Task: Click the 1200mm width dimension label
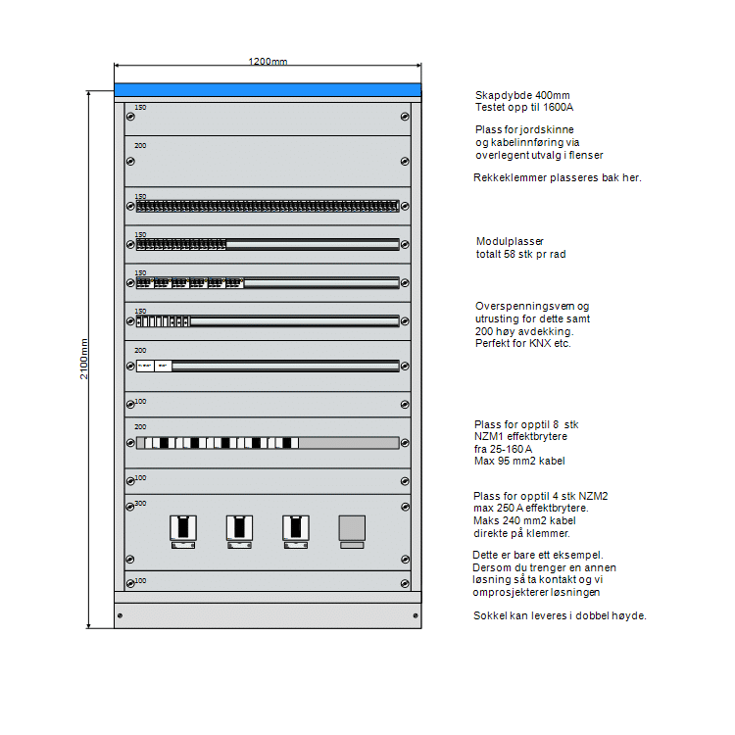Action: pyautogui.click(x=268, y=62)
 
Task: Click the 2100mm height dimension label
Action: pyautogui.click(x=84, y=359)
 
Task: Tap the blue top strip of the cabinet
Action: pyautogui.click(x=268, y=90)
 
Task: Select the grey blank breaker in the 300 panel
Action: pyautogui.click(x=352, y=528)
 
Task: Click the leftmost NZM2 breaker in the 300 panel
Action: pyautogui.click(x=183, y=528)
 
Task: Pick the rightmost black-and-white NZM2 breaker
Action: pyautogui.click(x=295, y=528)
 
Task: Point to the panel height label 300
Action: pyautogui.click(x=140, y=504)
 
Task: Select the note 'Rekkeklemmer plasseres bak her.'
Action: pyautogui.click(x=557, y=178)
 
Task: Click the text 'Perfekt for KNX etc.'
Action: pyautogui.click(x=523, y=344)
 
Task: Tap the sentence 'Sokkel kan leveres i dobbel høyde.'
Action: pyautogui.click(x=560, y=615)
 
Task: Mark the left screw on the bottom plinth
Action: pyautogui.click(x=120, y=615)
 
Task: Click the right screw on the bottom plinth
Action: pyautogui.click(x=416, y=615)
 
